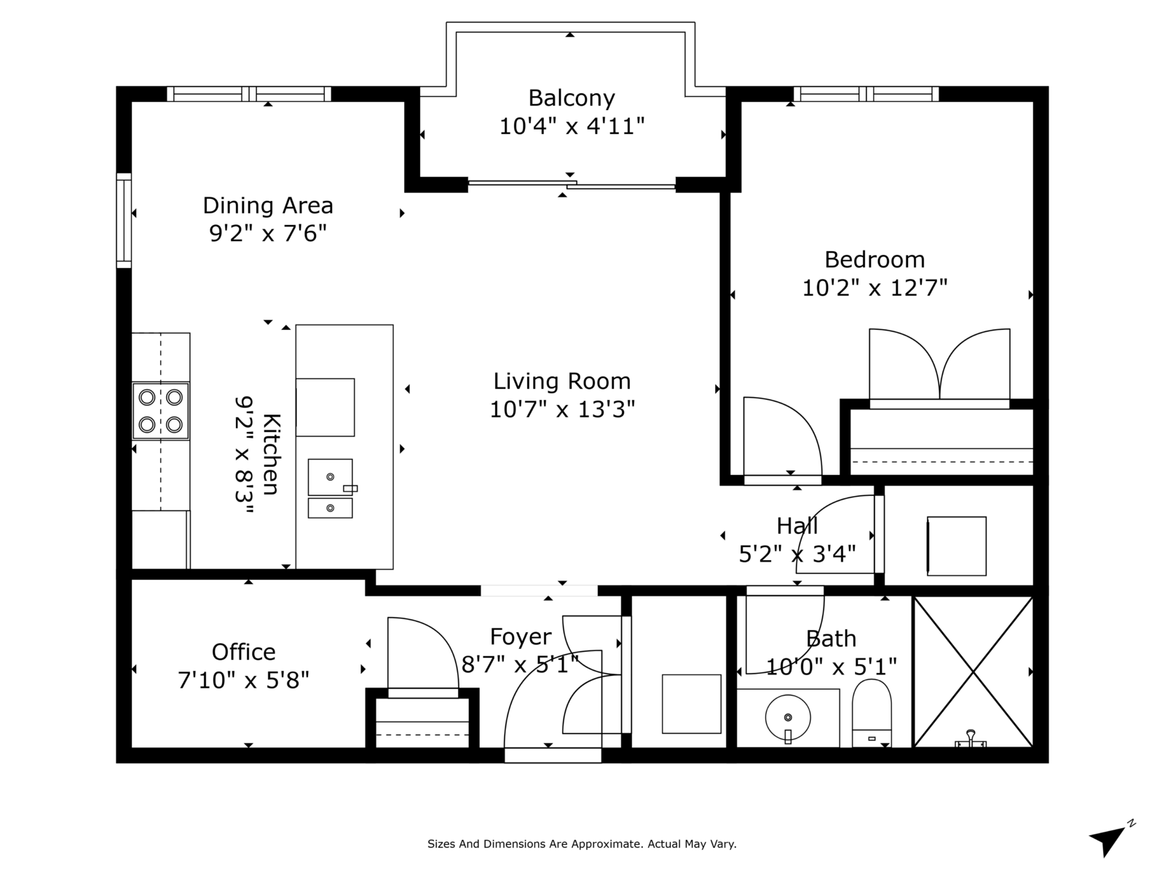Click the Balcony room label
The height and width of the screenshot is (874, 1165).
click(x=572, y=98)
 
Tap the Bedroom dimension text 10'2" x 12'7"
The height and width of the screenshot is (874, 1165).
click(x=874, y=288)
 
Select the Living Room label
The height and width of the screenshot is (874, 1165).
click(x=562, y=381)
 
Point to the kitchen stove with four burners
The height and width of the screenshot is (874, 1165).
click(x=160, y=411)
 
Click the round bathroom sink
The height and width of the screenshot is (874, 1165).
click(x=788, y=717)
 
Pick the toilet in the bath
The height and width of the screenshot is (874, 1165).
click(x=872, y=713)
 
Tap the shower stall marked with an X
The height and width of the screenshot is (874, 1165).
click(x=974, y=672)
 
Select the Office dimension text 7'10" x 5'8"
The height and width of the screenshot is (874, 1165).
click(x=243, y=680)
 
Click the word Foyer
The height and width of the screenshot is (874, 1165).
click(x=521, y=637)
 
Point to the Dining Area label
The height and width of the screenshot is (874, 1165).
click(x=268, y=205)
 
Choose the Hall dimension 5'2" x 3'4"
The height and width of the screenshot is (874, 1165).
click(x=797, y=554)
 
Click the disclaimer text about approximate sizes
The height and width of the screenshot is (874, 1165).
click(x=582, y=843)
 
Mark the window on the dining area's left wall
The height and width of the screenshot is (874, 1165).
click(x=124, y=220)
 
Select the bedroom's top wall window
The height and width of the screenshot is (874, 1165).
click(x=866, y=94)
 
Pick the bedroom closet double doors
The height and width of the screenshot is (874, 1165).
click(x=939, y=368)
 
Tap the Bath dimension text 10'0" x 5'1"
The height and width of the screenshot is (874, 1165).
click(x=832, y=666)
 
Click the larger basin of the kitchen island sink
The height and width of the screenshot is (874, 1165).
click(x=330, y=477)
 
